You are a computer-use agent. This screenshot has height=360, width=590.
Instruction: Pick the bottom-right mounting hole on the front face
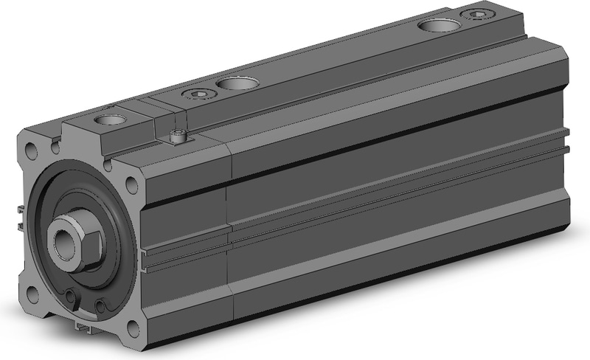coord(134,329)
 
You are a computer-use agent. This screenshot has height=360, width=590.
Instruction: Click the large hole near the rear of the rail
coord(432,26)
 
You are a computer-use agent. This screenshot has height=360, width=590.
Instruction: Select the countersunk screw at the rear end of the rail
coord(471,14)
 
